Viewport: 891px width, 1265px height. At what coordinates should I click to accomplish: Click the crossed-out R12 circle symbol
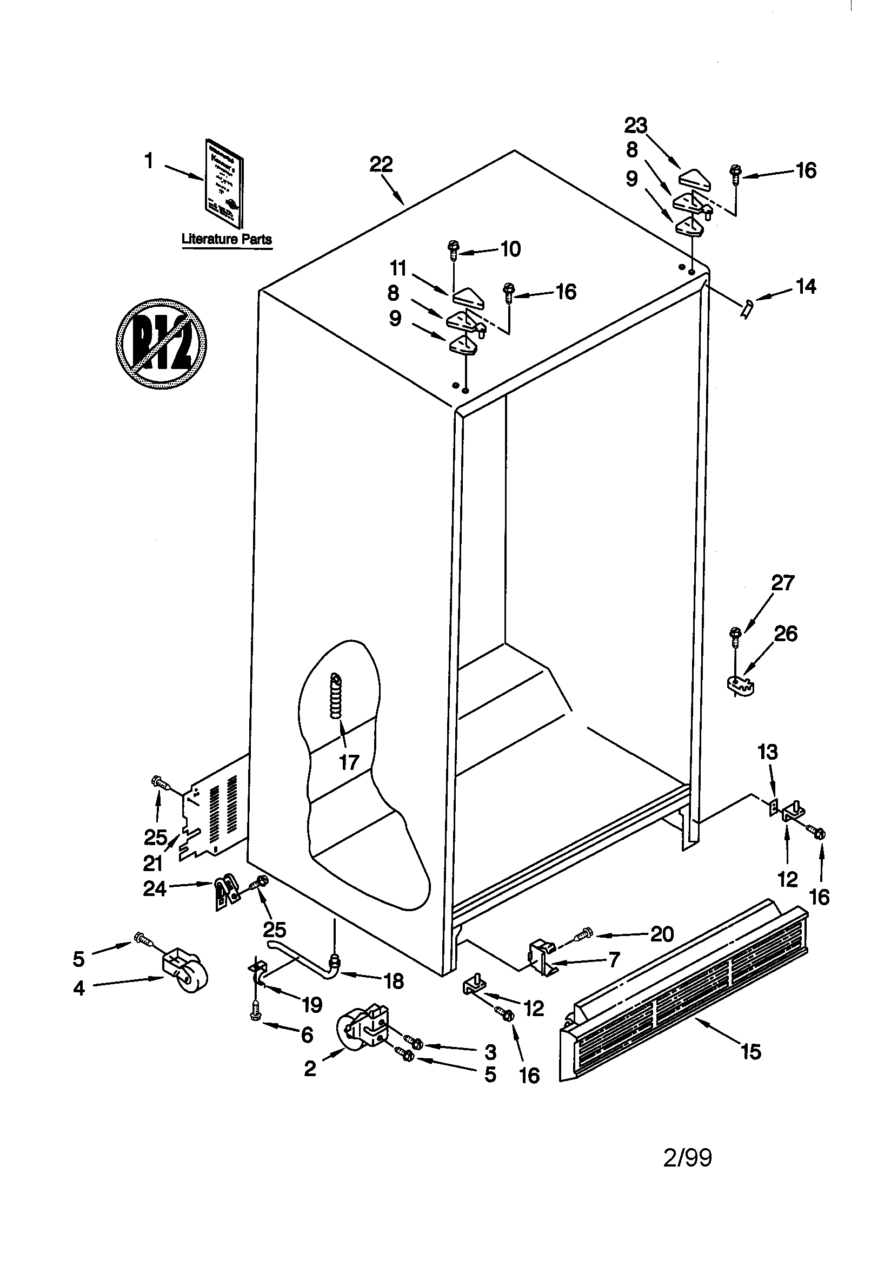click(x=161, y=343)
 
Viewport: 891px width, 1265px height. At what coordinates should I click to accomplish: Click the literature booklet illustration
click(x=224, y=183)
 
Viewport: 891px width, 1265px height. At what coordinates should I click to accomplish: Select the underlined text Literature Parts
click(x=227, y=239)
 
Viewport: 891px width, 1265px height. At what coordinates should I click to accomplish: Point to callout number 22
click(x=381, y=164)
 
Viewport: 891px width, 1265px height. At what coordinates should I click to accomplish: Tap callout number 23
click(x=635, y=126)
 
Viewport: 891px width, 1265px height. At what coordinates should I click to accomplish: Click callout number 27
click(x=782, y=583)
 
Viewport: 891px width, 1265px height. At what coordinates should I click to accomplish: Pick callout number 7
click(x=614, y=960)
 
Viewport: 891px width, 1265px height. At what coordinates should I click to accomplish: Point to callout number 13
click(x=768, y=752)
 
